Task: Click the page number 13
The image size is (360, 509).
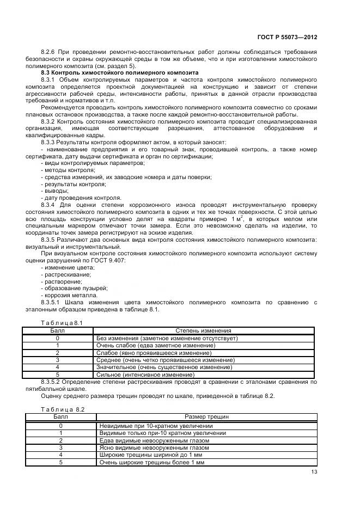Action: point(314,472)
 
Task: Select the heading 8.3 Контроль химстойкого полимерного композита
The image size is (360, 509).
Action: point(120,72)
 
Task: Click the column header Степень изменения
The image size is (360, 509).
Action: point(203,330)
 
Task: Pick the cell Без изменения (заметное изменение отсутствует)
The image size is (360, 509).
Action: point(167,338)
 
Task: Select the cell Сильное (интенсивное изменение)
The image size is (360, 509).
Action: point(145,375)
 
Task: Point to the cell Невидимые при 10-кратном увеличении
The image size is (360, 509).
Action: point(156,426)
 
